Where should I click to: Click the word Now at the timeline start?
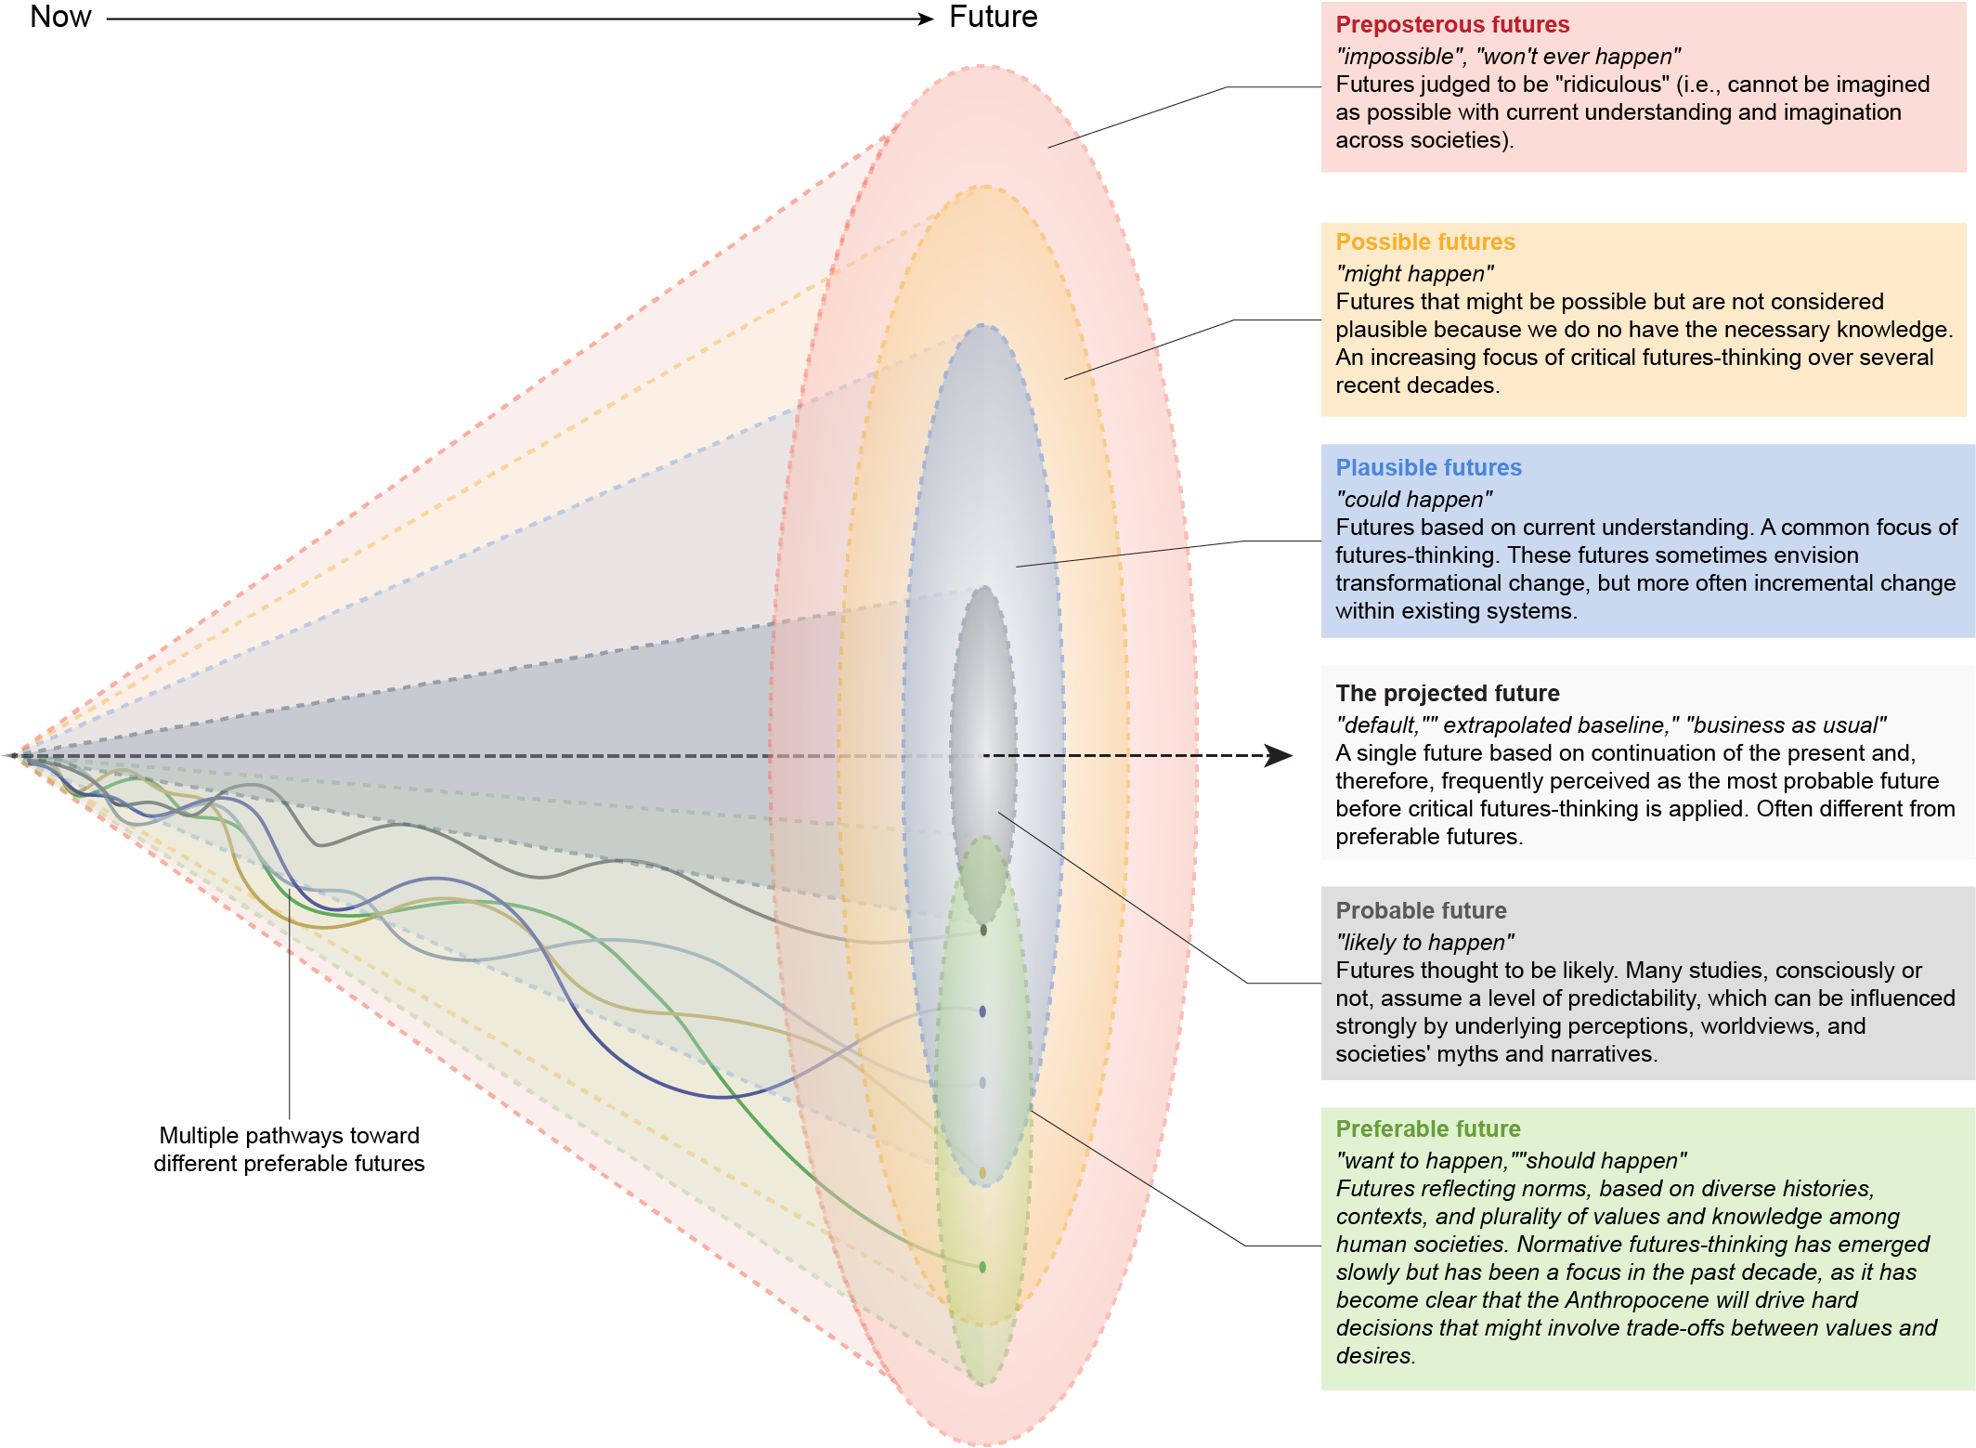pyautogui.click(x=60, y=17)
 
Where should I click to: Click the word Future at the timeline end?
pyautogui.click(x=993, y=17)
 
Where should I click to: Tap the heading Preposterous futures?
pyautogui.click(x=1452, y=25)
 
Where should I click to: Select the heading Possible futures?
pyautogui.click(x=1425, y=242)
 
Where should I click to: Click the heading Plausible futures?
pyautogui.click(x=1428, y=468)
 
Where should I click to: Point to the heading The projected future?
pyautogui.click(x=1447, y=694)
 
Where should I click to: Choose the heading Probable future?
pyautogui.click(x=1421, y=911)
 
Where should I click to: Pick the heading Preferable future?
pyautogui.click(x=1427, y=1129)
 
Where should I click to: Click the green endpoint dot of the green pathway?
pyautogui.click(x=982, y=1267)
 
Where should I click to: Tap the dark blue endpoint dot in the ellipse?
pyautogui.click(x=982, y=1011)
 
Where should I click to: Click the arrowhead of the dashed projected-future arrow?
pyautogui.click(x=1281, y=755)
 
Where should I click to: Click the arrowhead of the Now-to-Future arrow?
pyautogui.click(x=925, y=19)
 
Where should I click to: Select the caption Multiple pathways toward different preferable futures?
pyautogui.click(x=289, y=1149)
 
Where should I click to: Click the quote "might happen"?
pyautogui.click(x=1414, y=274)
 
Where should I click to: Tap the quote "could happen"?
pyautogui.click(x=1413, y=500)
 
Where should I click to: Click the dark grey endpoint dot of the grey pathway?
pyautogui.click(x=983, y=930)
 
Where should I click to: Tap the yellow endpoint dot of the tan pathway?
pyautogui.click(x=982, y=1173)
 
